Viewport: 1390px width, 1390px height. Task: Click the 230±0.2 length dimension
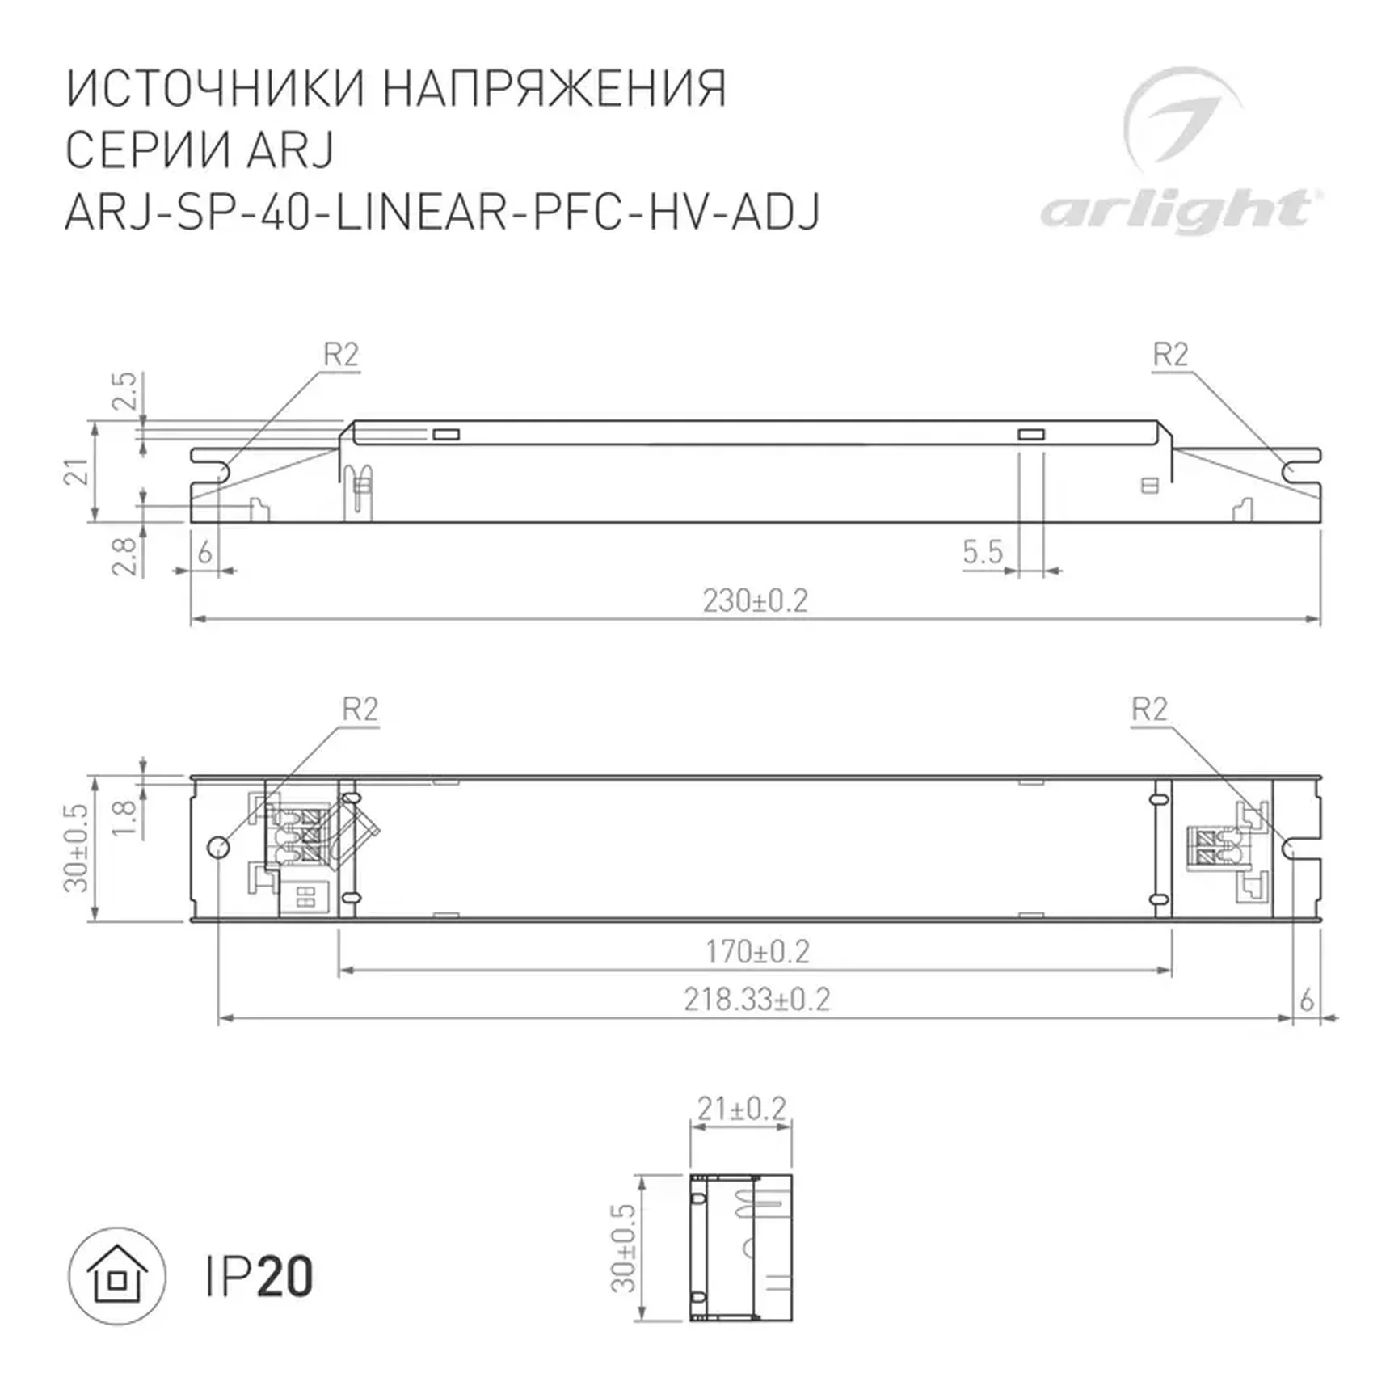coord(755,601)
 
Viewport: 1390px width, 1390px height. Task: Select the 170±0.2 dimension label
coord(756,952)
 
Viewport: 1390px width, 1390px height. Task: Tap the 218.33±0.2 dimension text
coord(756,1000)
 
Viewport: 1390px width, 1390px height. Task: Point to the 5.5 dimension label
coord(982,553)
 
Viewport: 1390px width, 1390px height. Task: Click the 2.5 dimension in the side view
coord(124,391)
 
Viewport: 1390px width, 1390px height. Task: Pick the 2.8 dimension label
coord(124,556)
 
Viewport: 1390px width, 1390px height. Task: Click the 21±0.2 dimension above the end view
coord(741,1109)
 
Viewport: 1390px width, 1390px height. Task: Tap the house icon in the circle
coord(117,1276)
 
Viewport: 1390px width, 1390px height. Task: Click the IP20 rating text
coord(259,1277)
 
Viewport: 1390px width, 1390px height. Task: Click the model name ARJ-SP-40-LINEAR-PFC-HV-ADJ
coord(442,213)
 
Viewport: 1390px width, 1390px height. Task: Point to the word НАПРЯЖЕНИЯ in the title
coord(554,88)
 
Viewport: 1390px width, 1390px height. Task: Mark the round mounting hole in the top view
coord(218,847)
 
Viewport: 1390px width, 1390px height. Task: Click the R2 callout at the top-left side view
coord(340,355)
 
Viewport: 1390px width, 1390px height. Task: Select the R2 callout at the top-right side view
coord(1169,355)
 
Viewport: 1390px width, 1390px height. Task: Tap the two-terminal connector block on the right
coord(1216,847)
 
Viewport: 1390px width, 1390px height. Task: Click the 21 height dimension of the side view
coord(77,472)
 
